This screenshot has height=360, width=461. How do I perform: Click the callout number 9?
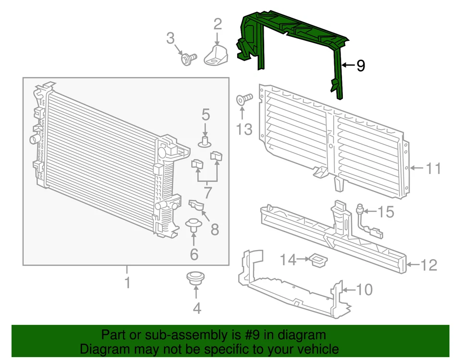click(361, 65)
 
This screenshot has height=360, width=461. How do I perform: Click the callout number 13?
click(244, 129)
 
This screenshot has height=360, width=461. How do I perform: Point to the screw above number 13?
click(244, 100)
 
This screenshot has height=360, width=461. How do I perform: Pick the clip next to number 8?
click(197, 206)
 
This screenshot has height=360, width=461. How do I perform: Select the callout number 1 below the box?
click(127, 283)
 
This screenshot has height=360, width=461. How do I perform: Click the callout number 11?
click(434, 168)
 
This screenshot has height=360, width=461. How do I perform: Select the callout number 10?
click(364, 289)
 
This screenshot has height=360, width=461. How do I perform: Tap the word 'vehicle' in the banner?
click(314, 349)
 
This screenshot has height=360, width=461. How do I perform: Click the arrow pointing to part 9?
click(348, 65)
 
